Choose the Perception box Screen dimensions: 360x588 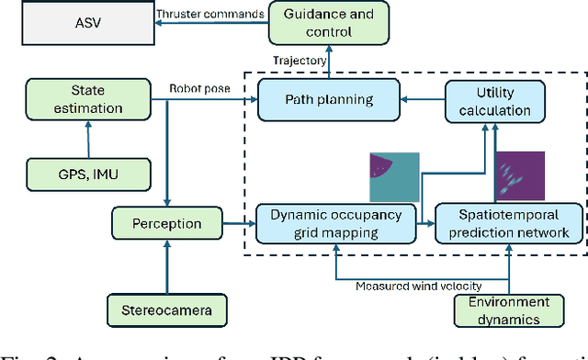click(168, 223)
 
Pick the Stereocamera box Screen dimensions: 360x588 click(168, 311)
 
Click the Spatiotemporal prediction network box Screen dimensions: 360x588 click(508, 223)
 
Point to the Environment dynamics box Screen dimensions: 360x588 click(508, 311)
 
